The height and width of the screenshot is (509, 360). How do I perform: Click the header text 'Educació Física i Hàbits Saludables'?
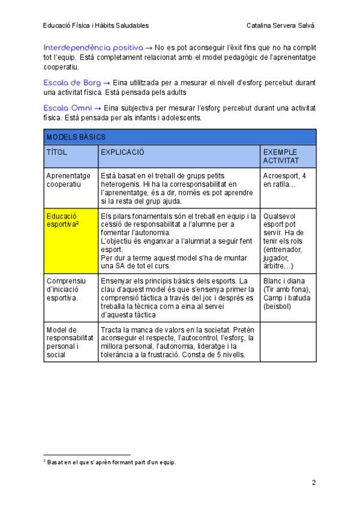96,25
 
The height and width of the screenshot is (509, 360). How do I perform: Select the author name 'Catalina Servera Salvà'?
280,25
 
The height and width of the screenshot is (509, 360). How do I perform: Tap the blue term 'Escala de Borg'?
72,82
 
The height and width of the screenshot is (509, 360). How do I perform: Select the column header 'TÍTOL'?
57,152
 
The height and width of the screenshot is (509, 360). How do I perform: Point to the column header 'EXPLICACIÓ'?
122,152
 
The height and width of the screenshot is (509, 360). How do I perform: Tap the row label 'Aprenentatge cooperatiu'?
68,180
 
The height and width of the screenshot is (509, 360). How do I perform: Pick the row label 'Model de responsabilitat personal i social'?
70,342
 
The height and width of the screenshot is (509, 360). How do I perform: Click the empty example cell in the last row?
288,342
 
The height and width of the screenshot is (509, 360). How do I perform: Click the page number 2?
313,482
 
